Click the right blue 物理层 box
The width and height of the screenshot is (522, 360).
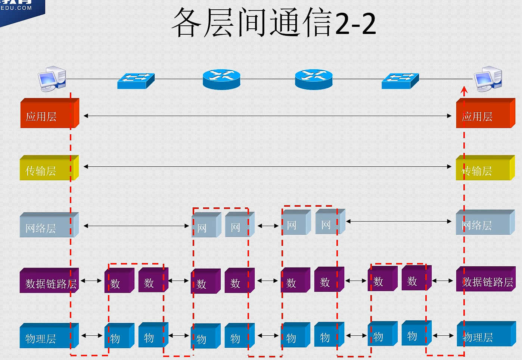[x=485, y=335]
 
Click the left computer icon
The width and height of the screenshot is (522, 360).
[x=52, y=79]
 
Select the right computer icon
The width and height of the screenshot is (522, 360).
[x=488, y=79]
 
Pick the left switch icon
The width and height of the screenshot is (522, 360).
[x=136, y=81]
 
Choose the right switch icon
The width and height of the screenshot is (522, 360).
[x=400, y=81]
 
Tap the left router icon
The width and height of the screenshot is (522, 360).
[x=221, y=79]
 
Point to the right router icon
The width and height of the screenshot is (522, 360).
[x=314, y=79]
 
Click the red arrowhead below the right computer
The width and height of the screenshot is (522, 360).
[x=464, y=90]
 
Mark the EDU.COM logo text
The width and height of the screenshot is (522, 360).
[x=16, y=8]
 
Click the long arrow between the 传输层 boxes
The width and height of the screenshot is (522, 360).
[x=267, y=166]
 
